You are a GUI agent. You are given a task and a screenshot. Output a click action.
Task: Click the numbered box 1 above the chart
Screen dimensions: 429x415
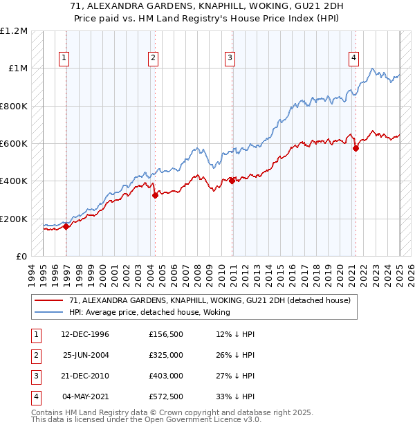coord(64,58)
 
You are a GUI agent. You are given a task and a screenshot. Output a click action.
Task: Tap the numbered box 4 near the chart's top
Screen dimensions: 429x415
coord(353,58)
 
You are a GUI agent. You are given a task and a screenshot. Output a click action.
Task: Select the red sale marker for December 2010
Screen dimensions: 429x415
coord(232,181)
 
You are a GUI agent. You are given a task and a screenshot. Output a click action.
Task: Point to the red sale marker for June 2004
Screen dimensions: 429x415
coord(155,195)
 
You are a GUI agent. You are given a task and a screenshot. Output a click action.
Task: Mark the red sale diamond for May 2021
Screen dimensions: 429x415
coord(356,148)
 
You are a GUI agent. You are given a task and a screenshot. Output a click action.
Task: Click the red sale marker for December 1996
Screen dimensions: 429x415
coord(66,226)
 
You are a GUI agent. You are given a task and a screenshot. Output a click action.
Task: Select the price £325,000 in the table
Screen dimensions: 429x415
coord(166,354)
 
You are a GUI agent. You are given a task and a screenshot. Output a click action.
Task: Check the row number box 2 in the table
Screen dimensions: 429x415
coord(34,354)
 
